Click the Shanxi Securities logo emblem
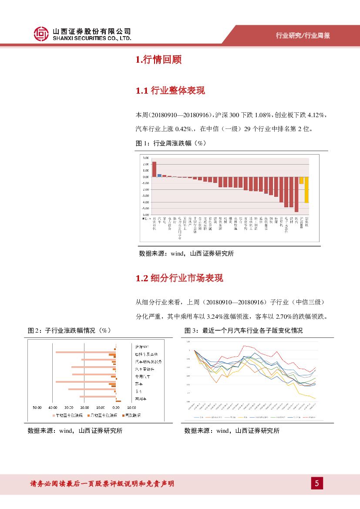click(x=41, y=34)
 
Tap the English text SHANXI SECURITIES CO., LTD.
click(x=91, y=39)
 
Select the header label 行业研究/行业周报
click(x=303, y=36)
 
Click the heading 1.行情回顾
click(x=158, y=60)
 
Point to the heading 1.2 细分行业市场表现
click(x=179, y=278)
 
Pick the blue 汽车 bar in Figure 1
click(x=159, y=175)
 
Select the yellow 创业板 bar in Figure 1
click(x=306, y=189)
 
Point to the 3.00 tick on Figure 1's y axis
click(x=145, y=158)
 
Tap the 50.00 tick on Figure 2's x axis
click(x=37, y=408)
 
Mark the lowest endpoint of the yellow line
click(x=315, y=398)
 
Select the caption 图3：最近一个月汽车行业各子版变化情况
click(x=243, y=330)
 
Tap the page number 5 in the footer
click(x=317, y=483)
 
